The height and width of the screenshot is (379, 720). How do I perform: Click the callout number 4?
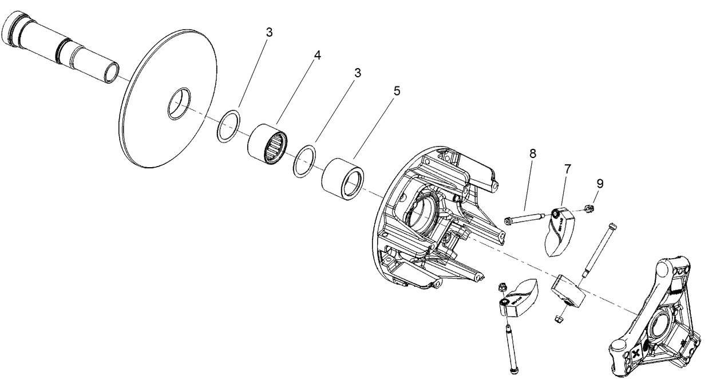pos(317,56)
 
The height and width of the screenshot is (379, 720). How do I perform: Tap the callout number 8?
pos(532,153)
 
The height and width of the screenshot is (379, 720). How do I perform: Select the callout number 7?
pos(567,169)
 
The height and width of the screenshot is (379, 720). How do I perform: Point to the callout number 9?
pos(600,184)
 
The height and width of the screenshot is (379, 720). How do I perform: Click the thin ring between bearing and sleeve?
pos(304,161)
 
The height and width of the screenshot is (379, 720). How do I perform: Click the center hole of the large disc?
pos(179,104)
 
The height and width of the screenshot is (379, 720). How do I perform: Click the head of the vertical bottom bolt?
pos(511,370)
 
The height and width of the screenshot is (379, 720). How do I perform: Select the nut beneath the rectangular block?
pos(559,317)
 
